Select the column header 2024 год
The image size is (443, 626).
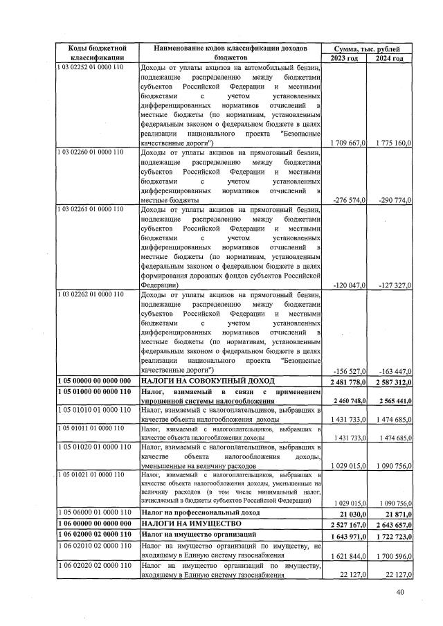[x=389, y=58]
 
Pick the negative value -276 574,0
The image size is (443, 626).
[x=347, y=199]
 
